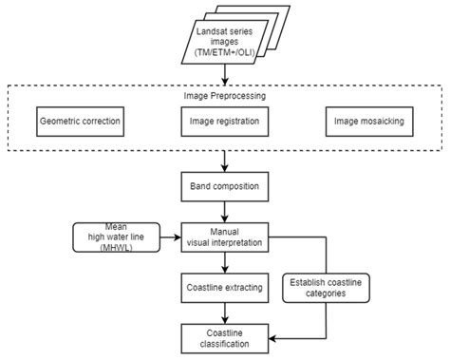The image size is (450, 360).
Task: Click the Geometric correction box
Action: click(x=82, y=123)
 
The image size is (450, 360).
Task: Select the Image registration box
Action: click(x=224, y=123)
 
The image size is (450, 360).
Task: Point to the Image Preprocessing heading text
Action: click(x=224, y=96)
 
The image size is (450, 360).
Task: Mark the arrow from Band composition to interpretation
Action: click(x=224, y=210)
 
